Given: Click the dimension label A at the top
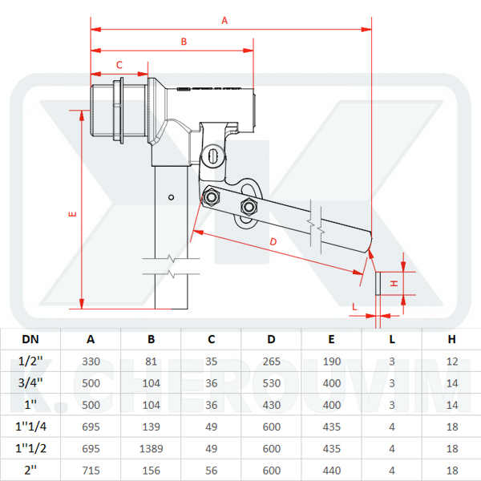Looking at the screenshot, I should (224, 21).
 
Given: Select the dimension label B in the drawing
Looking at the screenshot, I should (183, 41).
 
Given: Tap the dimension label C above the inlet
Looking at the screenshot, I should (119, 64).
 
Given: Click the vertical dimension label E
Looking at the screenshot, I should (72, 214).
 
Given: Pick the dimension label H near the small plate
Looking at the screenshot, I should (394, 284).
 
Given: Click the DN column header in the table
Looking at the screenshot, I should (29, 339).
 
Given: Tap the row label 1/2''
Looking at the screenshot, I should (29, 362).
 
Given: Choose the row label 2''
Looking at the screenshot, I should (29, 470).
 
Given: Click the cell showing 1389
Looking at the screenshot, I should (151, 448).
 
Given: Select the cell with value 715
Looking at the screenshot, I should (91, 470).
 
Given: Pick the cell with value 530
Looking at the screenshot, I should (272, 383).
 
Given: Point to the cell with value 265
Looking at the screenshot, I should (272, 362).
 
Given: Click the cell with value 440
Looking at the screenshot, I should (331, 470).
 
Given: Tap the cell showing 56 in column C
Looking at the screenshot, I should (211, 470).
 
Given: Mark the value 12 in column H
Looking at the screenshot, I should (451, 362).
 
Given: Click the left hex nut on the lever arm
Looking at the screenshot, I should (212, 196).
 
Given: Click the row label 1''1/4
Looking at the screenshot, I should (29, 426).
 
